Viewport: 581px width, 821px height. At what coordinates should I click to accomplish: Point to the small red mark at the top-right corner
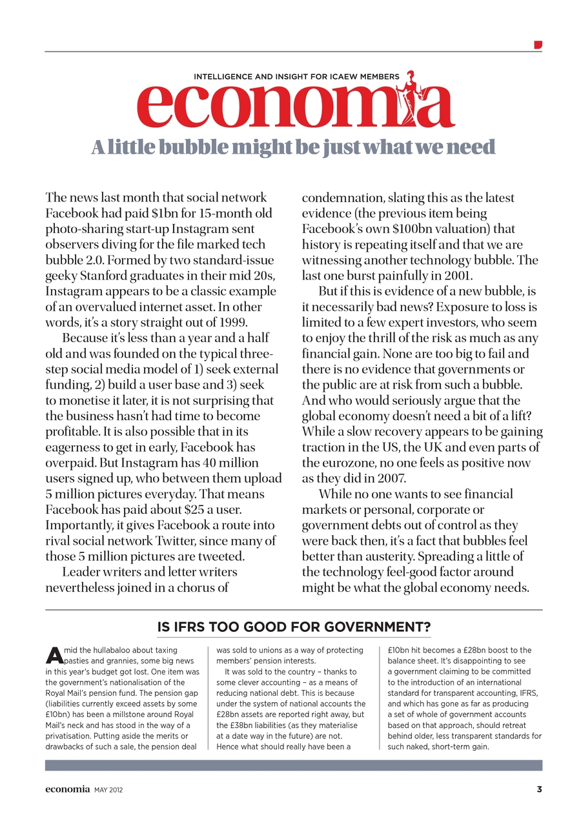click(x=538, y=45)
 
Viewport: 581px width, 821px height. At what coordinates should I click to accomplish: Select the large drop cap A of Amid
click(x=54, y=656)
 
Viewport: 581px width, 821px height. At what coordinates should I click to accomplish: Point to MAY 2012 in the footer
click(x=108, y=789)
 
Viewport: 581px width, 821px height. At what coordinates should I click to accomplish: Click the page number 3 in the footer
click(x=539, y=789)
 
